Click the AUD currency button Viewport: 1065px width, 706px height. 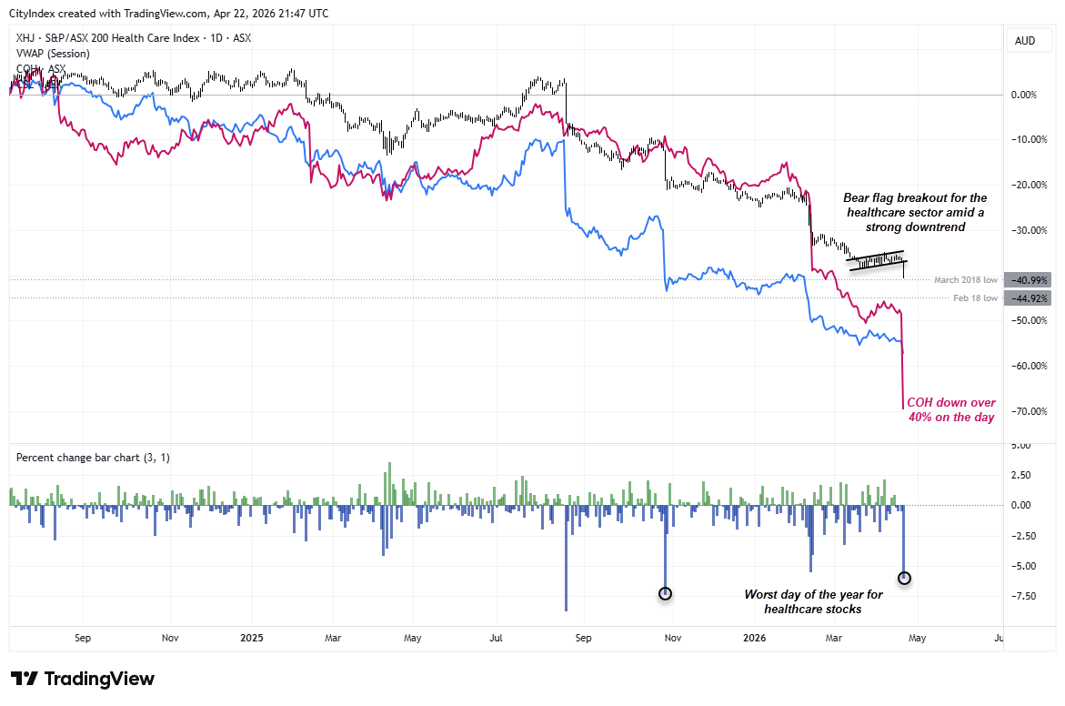1024,41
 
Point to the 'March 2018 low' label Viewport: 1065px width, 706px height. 965,280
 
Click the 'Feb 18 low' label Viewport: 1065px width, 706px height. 975,298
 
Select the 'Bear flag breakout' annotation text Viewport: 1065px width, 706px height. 915,213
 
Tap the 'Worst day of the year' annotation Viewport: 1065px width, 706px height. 813,601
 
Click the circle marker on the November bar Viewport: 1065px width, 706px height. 665,593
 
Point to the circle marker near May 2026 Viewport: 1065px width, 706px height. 904,578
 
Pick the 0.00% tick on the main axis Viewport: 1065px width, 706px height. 1024,95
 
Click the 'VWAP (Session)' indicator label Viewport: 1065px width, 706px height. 52,54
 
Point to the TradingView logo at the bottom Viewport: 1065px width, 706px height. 83,679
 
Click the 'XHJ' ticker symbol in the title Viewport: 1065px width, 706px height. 25,38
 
